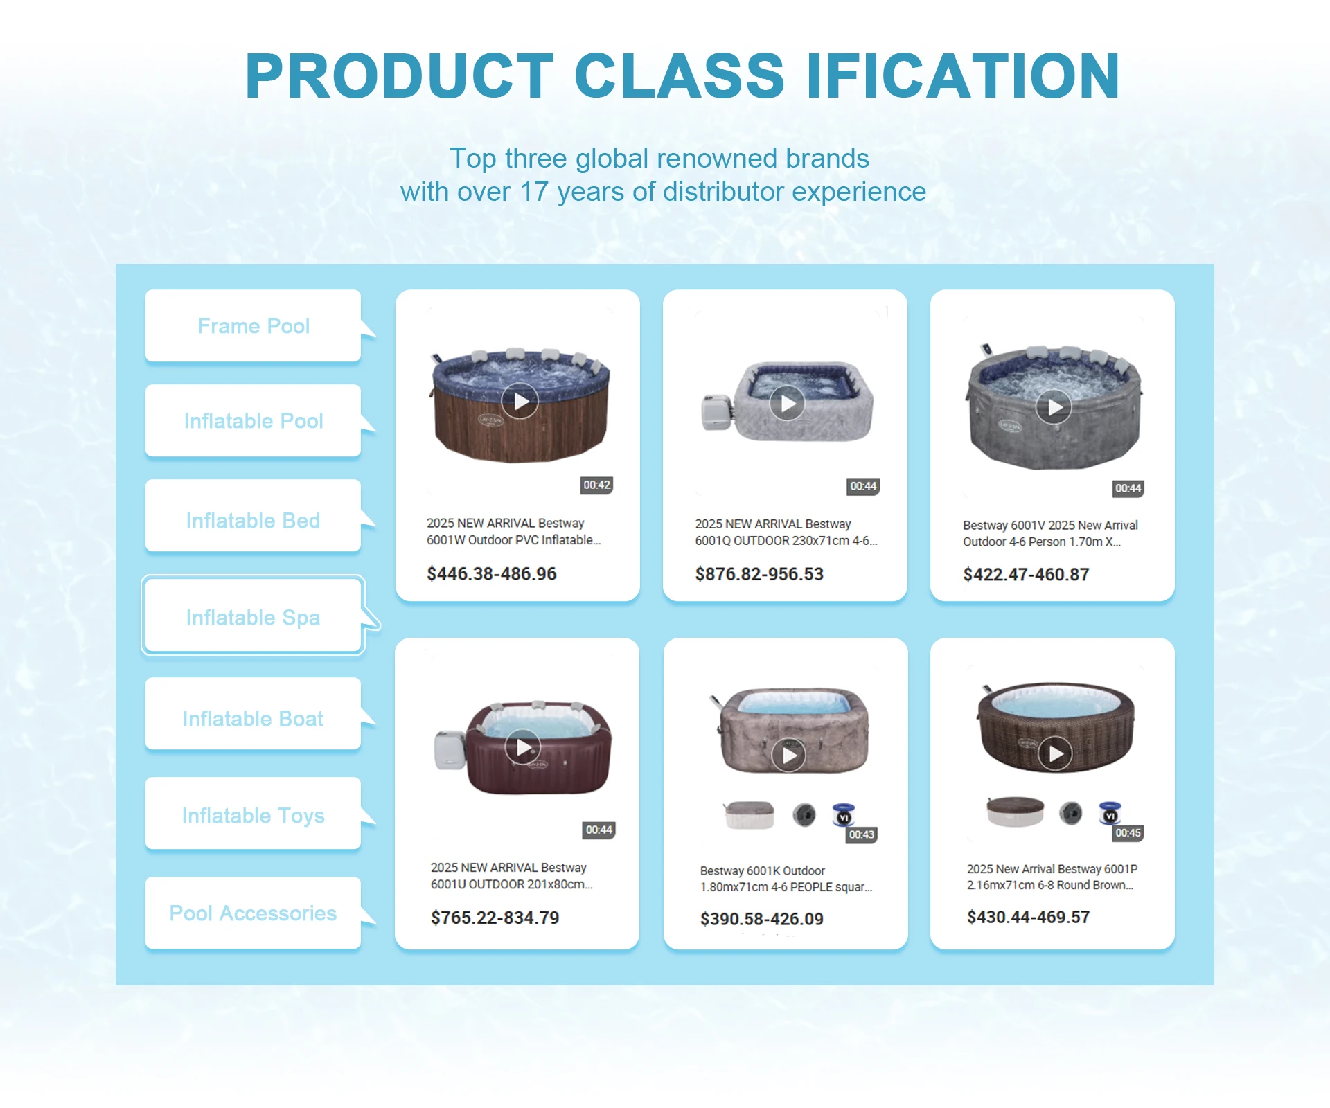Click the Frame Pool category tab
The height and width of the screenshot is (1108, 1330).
coord(254,325)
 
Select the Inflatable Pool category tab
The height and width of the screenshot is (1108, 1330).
coord(254,420)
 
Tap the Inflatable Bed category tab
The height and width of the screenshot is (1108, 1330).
coord(254,520)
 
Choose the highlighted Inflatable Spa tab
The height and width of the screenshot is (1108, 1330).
coord(254,616)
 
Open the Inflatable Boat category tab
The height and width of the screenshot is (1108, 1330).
coord(254,717)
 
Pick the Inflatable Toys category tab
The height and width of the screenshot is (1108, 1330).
coord(254,814)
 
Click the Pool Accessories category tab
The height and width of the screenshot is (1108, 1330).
coord(254,913)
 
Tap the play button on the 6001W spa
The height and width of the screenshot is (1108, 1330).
coord(520,401)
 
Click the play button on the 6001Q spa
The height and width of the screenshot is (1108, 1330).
coord(788,403)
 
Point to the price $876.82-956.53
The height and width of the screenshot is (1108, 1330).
coord(759,574)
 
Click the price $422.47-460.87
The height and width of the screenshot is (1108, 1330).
coord(1026,574)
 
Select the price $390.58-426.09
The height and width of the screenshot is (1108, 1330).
coord(761,919)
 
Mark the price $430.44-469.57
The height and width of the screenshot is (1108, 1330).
coord(1028,917)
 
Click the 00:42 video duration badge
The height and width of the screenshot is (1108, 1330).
coord(596,485)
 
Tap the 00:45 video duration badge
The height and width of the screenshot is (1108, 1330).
coord(1128,833)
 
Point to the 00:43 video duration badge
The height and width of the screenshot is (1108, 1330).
coord(862,834)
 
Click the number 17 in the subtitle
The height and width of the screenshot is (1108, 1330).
coord(534,192)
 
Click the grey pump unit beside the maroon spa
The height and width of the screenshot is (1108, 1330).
coord(450,750)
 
